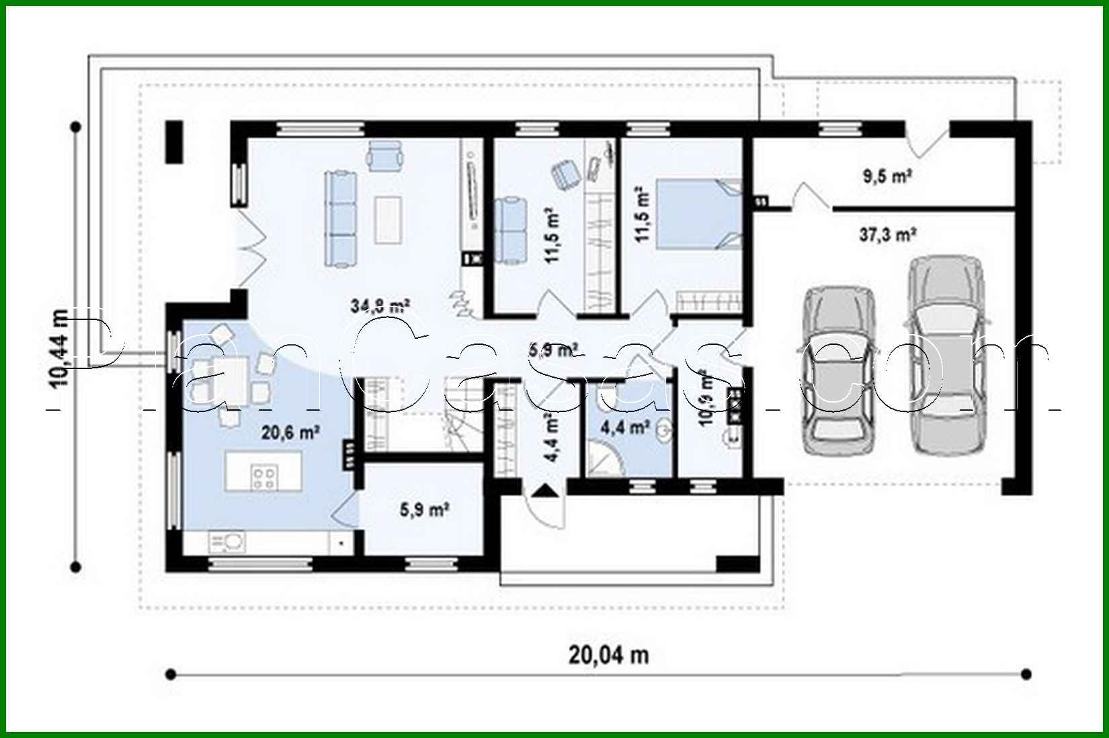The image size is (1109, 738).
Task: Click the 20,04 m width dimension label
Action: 609,654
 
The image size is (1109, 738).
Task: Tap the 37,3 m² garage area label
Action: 889,235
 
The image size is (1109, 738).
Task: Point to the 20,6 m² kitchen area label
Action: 290,432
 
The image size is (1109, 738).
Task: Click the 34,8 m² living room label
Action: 380,306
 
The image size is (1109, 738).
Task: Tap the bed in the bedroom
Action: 700,215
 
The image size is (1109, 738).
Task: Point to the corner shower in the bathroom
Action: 606,459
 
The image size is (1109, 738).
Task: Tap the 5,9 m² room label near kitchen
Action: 425,510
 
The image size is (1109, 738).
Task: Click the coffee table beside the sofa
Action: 389,218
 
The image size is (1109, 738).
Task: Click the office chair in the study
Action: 566,174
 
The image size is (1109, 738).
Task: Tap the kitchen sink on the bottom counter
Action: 227,540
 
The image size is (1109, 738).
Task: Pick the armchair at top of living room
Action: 385,155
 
